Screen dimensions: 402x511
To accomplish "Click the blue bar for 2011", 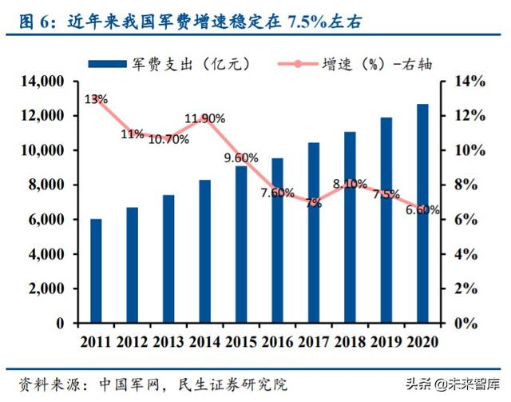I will (96, 271).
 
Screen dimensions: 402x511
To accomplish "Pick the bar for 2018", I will (350, 228).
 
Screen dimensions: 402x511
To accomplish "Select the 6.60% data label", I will (422, 210).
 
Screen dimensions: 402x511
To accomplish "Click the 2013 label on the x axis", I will (168, 341).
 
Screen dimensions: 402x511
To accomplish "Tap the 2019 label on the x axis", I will (386, 341).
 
